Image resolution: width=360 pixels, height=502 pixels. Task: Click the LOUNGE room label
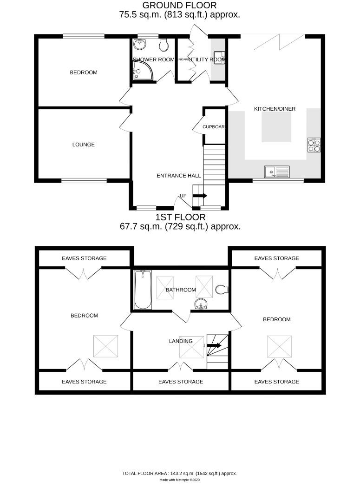84,145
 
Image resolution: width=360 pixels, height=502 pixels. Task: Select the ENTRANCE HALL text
179,176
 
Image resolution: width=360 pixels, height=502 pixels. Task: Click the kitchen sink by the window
276,172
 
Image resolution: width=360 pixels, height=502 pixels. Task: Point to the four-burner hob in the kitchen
314,145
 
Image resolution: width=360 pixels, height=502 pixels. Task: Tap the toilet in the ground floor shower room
163,45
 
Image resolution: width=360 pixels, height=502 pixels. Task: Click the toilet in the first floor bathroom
223,290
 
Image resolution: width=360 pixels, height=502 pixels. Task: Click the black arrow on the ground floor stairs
200,196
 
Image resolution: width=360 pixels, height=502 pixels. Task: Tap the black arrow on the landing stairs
214,345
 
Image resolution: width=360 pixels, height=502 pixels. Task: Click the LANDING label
181,341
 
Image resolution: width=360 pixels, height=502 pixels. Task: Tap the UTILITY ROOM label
207,59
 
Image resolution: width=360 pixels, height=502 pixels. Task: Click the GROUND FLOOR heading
179,6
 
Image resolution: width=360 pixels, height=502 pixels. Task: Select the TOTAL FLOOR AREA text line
179,473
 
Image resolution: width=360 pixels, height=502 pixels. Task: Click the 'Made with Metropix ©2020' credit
179,480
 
